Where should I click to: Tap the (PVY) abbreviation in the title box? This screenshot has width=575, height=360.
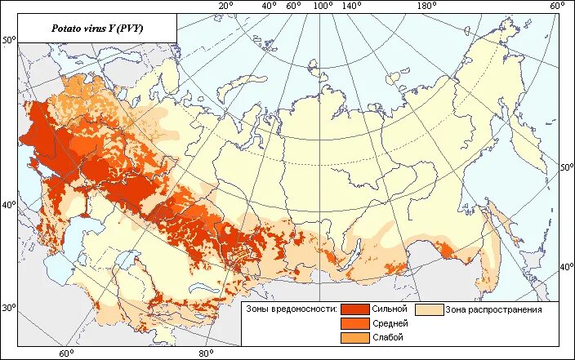[128, 30]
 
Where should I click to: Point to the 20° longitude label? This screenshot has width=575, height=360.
[225, 7]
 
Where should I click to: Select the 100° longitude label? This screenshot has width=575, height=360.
[323, 7]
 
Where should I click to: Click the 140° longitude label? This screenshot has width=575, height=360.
[352, 7]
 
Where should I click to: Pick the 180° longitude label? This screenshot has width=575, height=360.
[427, 7]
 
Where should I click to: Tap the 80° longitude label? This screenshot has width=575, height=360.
[205, 353]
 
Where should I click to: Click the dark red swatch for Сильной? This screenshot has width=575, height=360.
[354, 309]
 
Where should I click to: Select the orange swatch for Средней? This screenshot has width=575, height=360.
[354, 324]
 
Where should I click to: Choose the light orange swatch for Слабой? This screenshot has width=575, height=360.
[354, 338]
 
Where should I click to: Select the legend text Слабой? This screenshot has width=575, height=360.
[386, 338]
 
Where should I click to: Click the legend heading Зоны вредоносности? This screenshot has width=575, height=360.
[292, 309]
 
